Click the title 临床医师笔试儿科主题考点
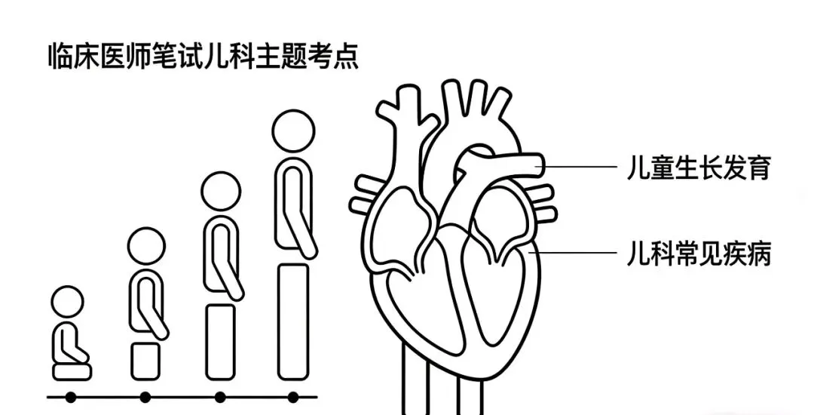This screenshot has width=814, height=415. pyautogui.click(x=202, y=58)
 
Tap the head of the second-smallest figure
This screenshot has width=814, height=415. pyautogui.click(x=145, y=246)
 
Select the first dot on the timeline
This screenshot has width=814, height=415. pyautogui.click(x=70, y=396)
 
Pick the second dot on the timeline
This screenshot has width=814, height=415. pyautogui.click(x=145, y=396)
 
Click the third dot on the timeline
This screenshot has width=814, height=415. pyautogui.click(x=220, y=396)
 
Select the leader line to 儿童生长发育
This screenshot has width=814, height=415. pyautogui.click(x=580, y=167)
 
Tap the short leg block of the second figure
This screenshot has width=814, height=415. pyautogui.click(x=145, y=361)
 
